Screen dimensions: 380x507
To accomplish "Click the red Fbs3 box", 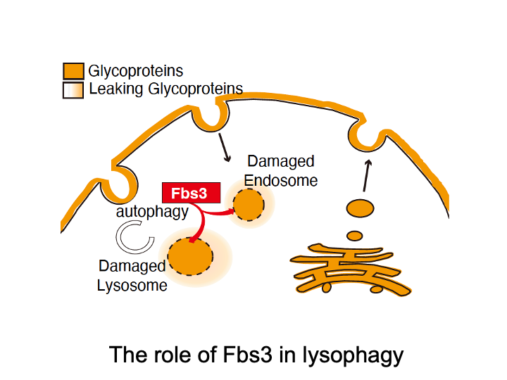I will (x=191, y=192).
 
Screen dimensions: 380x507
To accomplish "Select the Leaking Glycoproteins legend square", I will (x=73, y=90).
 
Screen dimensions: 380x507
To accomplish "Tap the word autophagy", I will (x=153, y=211).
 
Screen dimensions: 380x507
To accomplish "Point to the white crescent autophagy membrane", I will (x=134, y=237).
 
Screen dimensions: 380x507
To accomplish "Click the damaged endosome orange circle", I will (x=249, y=205).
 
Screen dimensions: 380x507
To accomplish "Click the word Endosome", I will (x=281, y=180).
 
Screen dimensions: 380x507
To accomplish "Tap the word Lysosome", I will (x=132, y=285).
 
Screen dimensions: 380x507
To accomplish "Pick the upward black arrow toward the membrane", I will (x=365, y=175).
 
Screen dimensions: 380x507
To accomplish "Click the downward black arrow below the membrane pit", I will (x=225, y=146).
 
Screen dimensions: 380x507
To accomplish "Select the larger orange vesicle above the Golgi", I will (x=360, y=209).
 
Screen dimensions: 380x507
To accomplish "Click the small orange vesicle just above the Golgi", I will (x=355, y=235).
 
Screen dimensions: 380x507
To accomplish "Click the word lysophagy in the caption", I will (x=353, y=355).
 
